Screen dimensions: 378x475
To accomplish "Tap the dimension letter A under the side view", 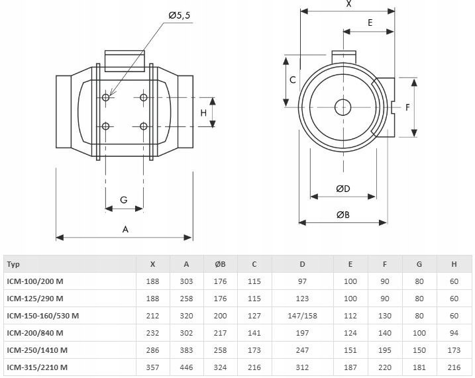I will click(125, 229).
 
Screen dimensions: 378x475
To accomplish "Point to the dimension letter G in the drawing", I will click(123, 200).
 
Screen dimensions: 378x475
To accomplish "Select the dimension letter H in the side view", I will click(204, 113).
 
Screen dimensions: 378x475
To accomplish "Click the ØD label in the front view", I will click(343, 189).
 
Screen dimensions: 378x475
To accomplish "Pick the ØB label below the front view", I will click(343, 214).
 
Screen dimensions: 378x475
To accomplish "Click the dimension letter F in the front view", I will click(408, 107).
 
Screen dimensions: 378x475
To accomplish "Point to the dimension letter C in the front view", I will click(292, 80).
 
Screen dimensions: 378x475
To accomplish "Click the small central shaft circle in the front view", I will click(343, 107).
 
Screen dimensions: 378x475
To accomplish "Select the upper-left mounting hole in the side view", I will click(107, 98).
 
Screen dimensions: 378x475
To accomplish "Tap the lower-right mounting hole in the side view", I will click(144, 126).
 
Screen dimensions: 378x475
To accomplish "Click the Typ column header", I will click(13, 264).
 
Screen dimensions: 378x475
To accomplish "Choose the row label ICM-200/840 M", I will click(35, 332).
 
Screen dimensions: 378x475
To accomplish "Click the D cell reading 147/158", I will click(302, 316).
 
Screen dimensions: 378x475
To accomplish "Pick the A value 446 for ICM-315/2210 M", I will click(186, 367).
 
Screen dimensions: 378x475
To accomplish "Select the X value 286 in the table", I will click(152, 350).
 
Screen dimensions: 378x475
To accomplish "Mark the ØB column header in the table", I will click(220, 264).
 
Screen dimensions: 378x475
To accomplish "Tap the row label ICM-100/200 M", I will click(35, 281).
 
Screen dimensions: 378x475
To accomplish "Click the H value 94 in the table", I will click(454, 332).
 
